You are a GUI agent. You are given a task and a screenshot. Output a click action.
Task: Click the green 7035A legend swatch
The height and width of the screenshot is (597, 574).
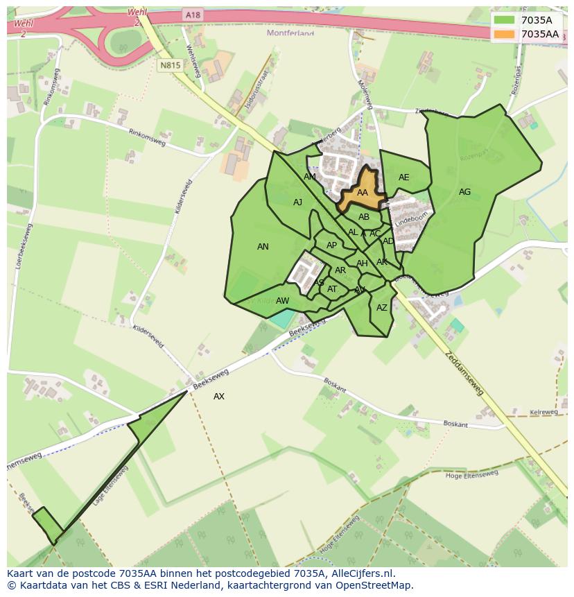point(504,20)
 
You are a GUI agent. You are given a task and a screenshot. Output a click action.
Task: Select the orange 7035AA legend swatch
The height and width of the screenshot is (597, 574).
point(504,34)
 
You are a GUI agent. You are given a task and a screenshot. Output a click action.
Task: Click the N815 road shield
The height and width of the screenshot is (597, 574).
point(169,65)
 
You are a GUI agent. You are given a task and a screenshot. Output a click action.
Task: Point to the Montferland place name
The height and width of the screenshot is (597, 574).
point(290,33)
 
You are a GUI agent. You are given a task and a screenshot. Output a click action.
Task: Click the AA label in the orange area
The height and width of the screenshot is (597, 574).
point(362,193)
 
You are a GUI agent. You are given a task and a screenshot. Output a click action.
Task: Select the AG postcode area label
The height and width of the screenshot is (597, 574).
point(464,192)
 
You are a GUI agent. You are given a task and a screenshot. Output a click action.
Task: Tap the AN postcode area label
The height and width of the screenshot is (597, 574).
point(263,247)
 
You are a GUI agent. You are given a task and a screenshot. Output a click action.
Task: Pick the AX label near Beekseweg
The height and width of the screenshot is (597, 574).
point(219,397)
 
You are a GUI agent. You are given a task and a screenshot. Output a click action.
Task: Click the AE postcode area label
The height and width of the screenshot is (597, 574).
point(403,178)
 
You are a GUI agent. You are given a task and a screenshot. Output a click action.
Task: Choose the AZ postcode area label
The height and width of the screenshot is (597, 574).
point(381,308)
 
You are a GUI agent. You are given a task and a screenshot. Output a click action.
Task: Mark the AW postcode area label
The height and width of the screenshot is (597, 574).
point(282,301)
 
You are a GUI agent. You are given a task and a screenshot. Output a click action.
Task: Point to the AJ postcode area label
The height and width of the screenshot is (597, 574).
point(297,202)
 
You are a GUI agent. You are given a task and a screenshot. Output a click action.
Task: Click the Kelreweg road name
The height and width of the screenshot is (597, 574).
point(543,412)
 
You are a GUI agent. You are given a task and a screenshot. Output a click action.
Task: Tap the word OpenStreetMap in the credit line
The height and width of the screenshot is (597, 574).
point(374,585)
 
